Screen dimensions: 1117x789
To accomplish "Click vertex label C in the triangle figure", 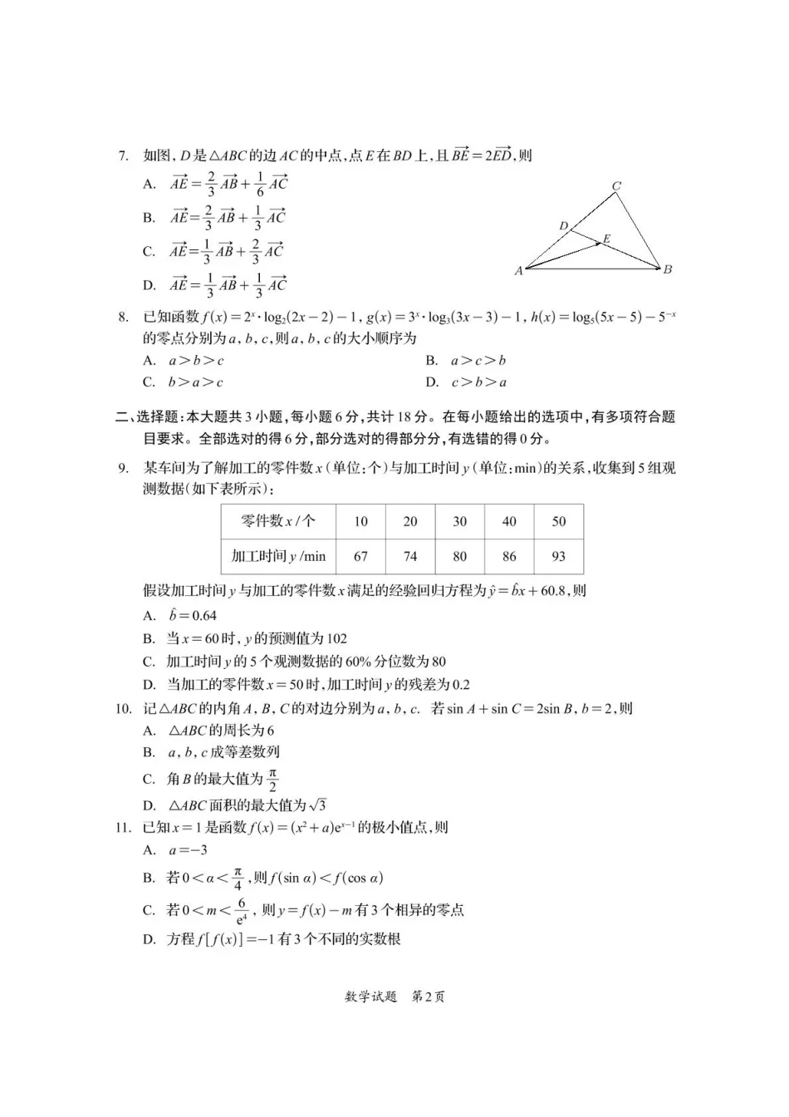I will (x=616, y=186).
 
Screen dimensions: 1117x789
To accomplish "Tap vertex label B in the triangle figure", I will (x=668, y=269).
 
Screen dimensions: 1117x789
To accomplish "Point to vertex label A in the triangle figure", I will (x=519, y=271).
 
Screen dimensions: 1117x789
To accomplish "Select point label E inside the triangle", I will (x=607, y=239).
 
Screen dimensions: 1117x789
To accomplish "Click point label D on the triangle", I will (x=564, y=226).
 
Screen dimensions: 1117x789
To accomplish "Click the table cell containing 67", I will (x=360, y=556).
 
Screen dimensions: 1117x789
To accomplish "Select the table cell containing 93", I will (x=558, y=556).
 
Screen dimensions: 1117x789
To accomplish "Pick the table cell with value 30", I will (x=459, y=522).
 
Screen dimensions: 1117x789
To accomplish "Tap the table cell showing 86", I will (x=509, y=556).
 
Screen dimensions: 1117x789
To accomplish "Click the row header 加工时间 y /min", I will (x=278, y=556).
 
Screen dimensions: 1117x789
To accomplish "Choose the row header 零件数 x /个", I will (x=278, y=522).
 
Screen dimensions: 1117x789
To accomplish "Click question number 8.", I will (x=123, y=317).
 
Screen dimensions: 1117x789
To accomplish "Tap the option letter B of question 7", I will (x=149, y=218).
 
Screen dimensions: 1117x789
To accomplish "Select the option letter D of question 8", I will (x=432, y=382).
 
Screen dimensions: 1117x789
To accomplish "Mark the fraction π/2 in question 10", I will (x=272, y=780).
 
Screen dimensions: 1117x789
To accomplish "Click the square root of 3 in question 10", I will (x=317, y=805).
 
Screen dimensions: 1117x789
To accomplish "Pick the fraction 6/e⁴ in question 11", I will (x=242, y=911).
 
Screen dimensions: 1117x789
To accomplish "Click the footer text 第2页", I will (x=429, y=996).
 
